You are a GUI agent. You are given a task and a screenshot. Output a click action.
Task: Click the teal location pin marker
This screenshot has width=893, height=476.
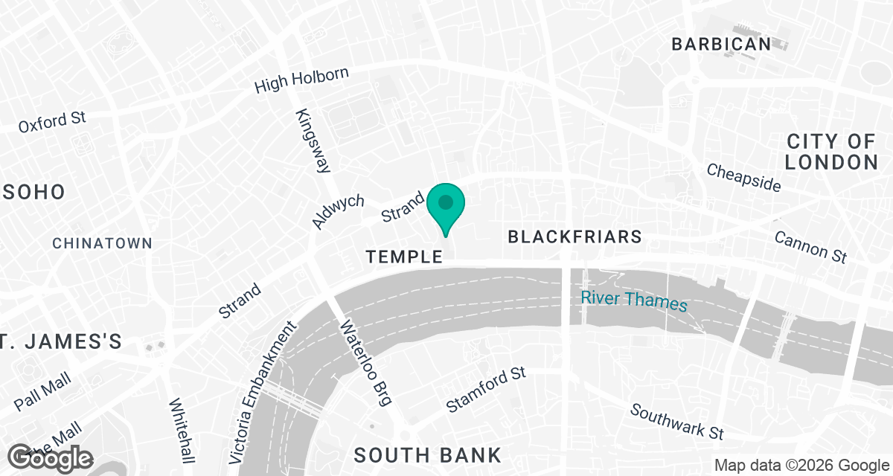point(446,206)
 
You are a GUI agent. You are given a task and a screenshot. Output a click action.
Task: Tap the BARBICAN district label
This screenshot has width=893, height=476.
point(721,44)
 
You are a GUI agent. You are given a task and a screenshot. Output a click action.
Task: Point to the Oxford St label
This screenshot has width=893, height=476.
point(53,122)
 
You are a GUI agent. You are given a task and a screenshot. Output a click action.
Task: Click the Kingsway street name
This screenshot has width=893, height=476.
point(313,141)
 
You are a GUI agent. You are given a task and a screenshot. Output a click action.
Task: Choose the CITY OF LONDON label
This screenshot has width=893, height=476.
point(831,152)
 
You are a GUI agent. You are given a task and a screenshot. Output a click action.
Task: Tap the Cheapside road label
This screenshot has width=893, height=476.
point(744,177)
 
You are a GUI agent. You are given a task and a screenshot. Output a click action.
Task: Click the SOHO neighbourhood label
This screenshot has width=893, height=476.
point(32,192)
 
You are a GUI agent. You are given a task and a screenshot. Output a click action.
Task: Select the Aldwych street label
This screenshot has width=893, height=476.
point(338,212)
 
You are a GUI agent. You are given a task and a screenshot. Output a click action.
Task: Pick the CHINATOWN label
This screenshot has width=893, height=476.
point(103,243)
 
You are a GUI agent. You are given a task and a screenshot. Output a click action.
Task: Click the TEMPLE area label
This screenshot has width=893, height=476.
point(404,257)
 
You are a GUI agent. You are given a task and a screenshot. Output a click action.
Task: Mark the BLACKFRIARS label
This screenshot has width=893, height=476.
point(574,237)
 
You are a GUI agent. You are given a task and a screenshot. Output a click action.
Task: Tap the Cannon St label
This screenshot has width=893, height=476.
point(810,246)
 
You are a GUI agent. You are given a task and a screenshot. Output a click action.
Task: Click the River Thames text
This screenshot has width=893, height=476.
point(634,300)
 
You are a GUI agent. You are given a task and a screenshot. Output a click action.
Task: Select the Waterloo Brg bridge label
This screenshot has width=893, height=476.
point(365,364)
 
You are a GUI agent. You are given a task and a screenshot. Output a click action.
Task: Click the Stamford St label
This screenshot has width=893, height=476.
point(486,390)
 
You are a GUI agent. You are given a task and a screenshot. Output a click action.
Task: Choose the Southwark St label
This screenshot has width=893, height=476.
point(676,421)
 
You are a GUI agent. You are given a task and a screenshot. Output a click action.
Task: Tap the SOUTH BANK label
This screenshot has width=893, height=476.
point(427,454)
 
